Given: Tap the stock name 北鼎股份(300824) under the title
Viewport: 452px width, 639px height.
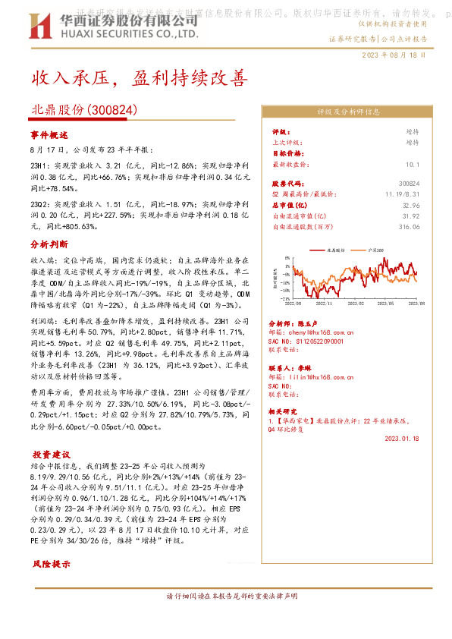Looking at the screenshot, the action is (84, 109).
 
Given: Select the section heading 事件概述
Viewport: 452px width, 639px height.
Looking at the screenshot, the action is (49, 134).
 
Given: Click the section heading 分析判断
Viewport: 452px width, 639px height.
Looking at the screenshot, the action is (49, 245).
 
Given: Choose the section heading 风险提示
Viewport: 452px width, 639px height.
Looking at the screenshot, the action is (49, 565).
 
